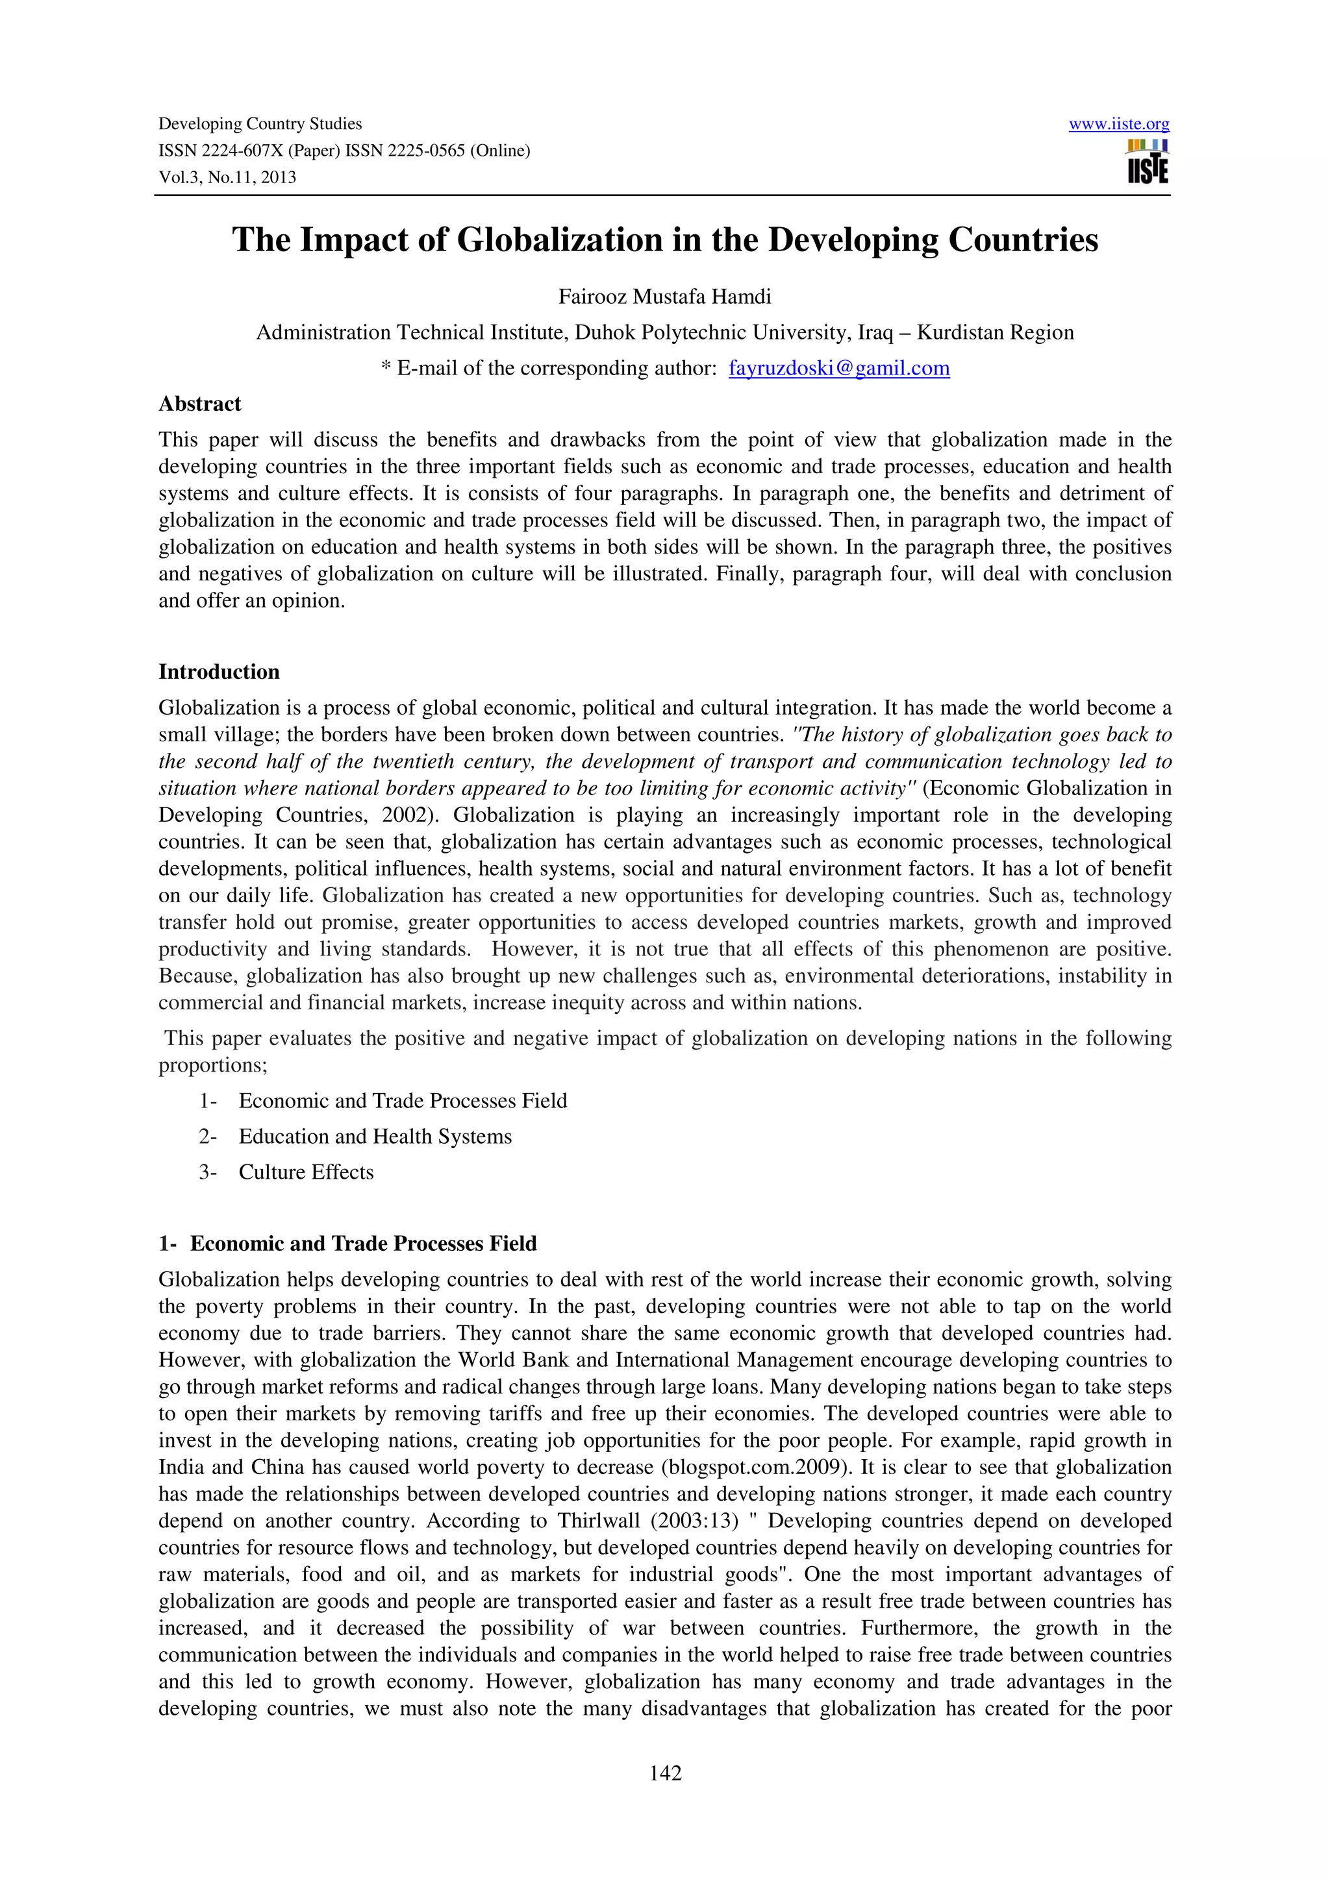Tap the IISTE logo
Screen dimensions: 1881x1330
click(x=1148, y=162)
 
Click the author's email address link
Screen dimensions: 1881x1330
click(x=838, y=369)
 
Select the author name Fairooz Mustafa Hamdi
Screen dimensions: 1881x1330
click(x=664, y=297)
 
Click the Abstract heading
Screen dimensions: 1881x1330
click(x=200, y=404)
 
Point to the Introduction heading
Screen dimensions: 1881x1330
click(x=219, y=672)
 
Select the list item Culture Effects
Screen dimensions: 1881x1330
click(x=306, y=1172)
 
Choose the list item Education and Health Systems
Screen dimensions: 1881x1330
click(x=375, y=1137)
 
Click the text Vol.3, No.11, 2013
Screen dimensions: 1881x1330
click(x=227, y=178)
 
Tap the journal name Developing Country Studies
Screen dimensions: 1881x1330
click(x=260, y=125)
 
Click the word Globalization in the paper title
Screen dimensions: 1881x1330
click(x=560, y=240)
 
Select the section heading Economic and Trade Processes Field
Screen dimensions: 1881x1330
click(x=363, y=1244)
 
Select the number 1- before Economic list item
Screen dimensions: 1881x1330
click(x=207, y=1101)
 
